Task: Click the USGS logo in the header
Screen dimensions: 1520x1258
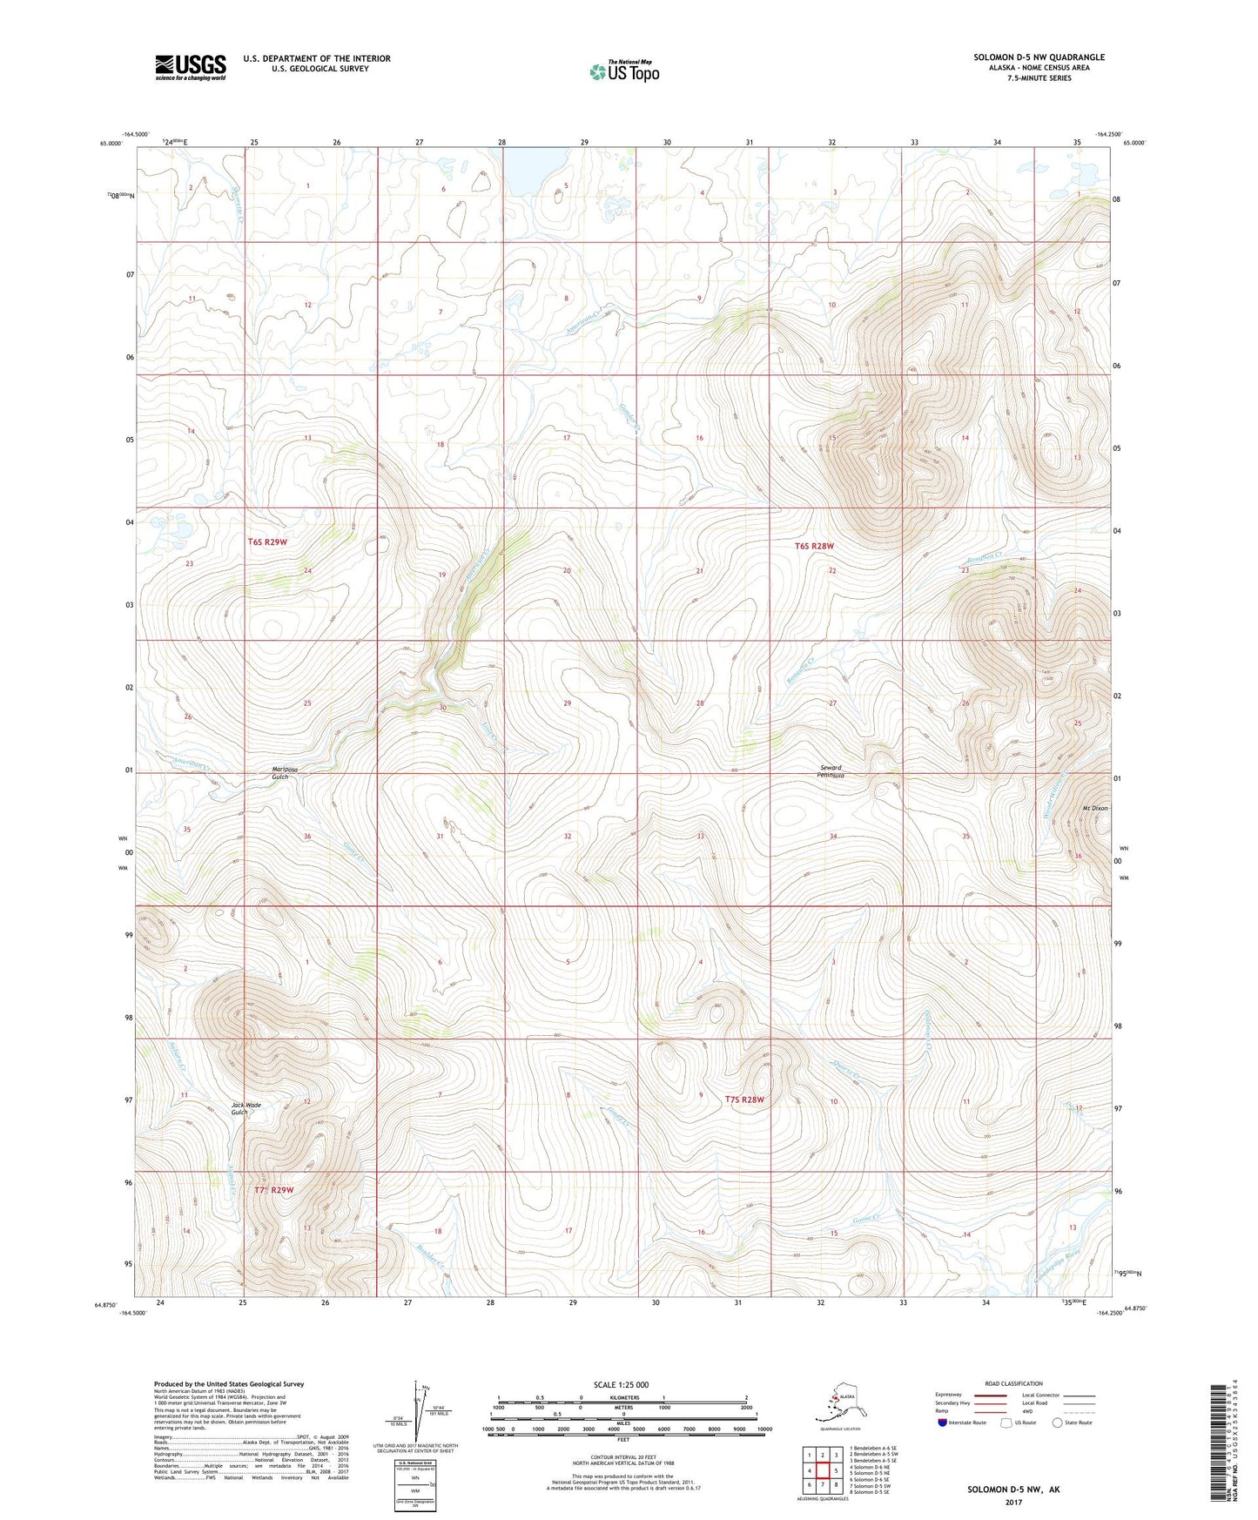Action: tap(190, 66)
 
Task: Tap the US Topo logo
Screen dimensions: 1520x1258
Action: tap(624, 71)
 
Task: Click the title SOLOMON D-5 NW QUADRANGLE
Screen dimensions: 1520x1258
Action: tap(1039, 57)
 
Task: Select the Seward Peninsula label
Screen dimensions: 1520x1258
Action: tap(831, 771)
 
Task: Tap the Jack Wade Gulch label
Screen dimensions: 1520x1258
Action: tap(246, 1108)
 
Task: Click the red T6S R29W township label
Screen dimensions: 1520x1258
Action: tap(266, 541)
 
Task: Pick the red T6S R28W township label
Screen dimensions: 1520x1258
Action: tap(814, 546)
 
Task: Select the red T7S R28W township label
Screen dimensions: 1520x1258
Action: tap(744, 1100)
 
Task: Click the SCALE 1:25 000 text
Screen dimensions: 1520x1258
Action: tap(621, 1384)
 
